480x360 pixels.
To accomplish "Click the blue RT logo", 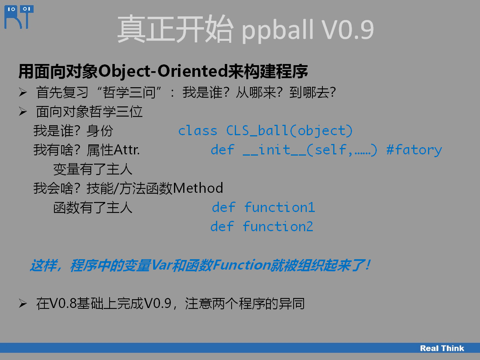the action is tap(19, 17).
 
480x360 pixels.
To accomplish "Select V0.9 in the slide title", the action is tap(348, 30).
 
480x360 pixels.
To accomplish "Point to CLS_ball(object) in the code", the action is tap(289, 131).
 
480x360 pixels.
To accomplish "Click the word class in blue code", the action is tap(198, 131).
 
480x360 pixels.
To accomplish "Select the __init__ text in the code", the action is tap(274, 150).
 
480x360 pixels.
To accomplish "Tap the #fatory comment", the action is tap(414, 150).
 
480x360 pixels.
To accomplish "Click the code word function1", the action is tap(280, 207).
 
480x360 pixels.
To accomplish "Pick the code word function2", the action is tap(278, 226).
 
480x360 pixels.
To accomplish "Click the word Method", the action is tap(198, 188).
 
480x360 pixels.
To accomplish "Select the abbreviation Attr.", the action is tap(127, 150).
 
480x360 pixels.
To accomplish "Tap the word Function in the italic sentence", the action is tap(242, 265).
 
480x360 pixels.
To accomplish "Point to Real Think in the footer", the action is tap(442, 348).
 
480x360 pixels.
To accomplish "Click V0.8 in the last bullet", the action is tap(63, 303).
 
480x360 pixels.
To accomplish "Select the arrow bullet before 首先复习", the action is tap(23, 92).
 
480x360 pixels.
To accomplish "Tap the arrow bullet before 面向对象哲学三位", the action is tap(23, 112).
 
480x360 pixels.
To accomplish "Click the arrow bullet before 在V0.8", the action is tap(23, 303).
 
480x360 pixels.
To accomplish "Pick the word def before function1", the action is tap(224, 207).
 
